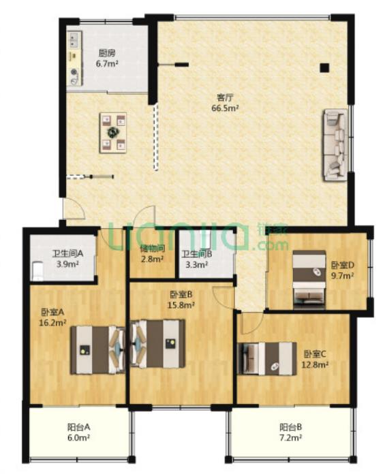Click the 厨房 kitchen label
107,54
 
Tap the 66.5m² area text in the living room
226,108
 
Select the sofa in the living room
336,145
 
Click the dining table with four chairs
113,132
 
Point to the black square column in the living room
324,67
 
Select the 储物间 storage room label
153,249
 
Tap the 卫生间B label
196,254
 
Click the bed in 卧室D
309,280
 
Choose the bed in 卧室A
98,349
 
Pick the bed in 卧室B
157,344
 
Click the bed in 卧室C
266,358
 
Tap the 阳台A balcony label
78,427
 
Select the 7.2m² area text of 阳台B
291,437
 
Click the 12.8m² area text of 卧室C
315,364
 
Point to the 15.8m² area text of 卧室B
181,305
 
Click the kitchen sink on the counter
74,39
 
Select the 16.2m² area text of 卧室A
52,323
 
